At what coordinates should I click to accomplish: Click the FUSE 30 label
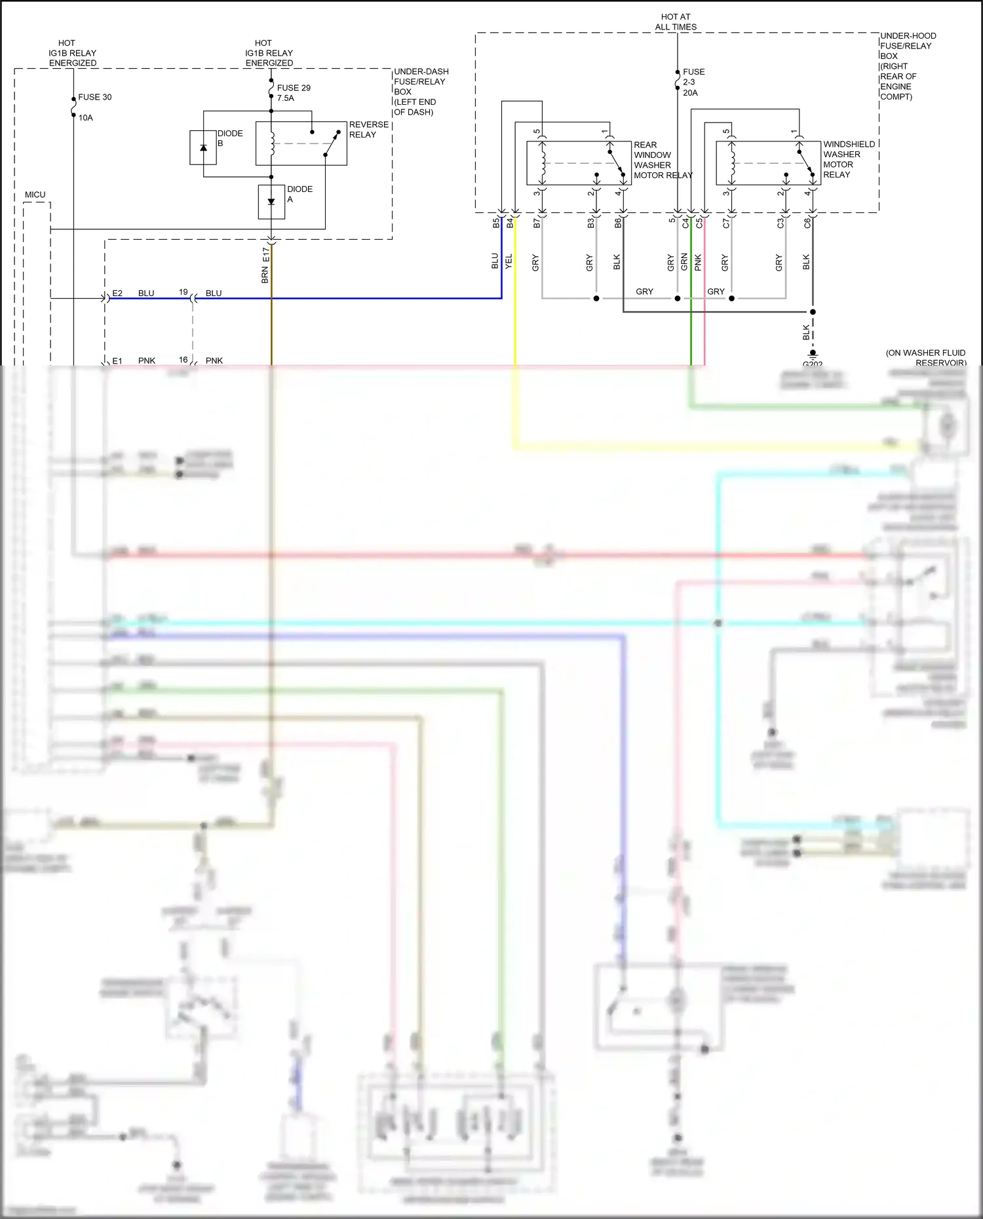coord(94,97)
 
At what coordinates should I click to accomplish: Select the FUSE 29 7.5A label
coord(293,92)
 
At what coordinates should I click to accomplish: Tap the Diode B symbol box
coord(203,147)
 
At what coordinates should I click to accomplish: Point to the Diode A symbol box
coord(271,202)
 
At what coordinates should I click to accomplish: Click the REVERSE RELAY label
coord(368,129)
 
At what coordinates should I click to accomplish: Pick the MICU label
coord(35,195)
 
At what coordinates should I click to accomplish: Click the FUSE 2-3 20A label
coord(693,82)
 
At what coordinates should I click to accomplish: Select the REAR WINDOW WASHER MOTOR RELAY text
coord(662,160)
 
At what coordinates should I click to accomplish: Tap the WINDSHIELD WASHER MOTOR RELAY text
coord(848,159)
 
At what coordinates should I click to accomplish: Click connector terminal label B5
coord(496,223)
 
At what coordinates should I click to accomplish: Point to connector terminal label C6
coord(807,223)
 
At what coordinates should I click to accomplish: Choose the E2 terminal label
coord(117,293)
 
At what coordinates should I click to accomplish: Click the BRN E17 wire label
coord(265,265)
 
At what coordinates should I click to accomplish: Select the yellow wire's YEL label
coord(509,261)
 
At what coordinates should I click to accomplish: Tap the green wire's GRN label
coord(684,262)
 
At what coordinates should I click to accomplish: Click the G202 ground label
coord(813,364)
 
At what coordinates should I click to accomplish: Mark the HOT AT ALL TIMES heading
coord(676,22)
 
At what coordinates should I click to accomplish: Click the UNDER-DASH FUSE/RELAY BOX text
coord(421,92)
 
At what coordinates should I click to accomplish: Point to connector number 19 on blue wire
coord(183,291)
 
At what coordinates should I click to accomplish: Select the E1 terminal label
coord(117,360)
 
